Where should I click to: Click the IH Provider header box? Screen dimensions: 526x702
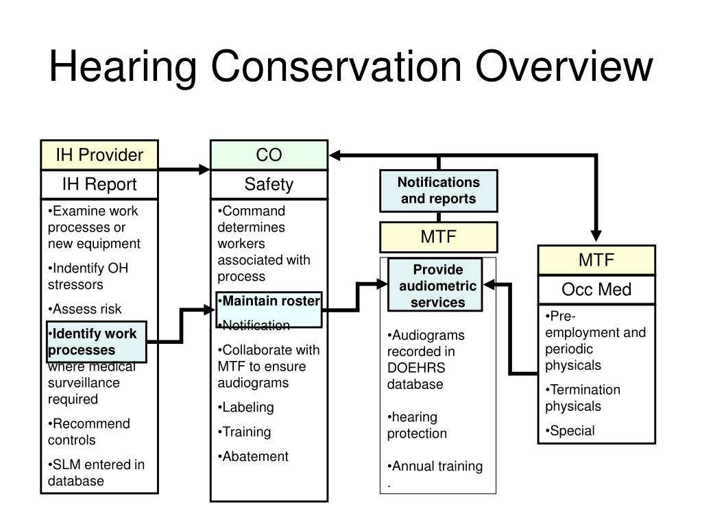click(x=99, y=155)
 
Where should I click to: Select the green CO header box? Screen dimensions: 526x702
click(x=269, y=155)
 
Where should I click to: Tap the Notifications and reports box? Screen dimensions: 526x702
click(x=439, y=191)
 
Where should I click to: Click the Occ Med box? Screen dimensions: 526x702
click(x=596, y=290)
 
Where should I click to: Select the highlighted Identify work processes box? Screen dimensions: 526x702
click(x=96, y=342)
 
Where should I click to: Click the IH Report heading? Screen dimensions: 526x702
click(x=99, y=184)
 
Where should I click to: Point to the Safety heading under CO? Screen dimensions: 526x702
click(x=269, y=184)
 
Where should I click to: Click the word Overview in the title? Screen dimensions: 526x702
click(x=564, y=67)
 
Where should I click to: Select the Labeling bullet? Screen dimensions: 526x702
click(x=247, y=408)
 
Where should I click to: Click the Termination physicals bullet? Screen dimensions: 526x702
click(x=583, y=398)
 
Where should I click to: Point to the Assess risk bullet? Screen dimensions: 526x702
click(x=86, y=310)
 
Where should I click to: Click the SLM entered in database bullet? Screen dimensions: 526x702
click(x=96, y=473)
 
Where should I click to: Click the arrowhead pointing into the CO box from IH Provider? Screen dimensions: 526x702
click(x=205, y=169)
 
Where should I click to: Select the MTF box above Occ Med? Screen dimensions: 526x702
click(x=596, y=260)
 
